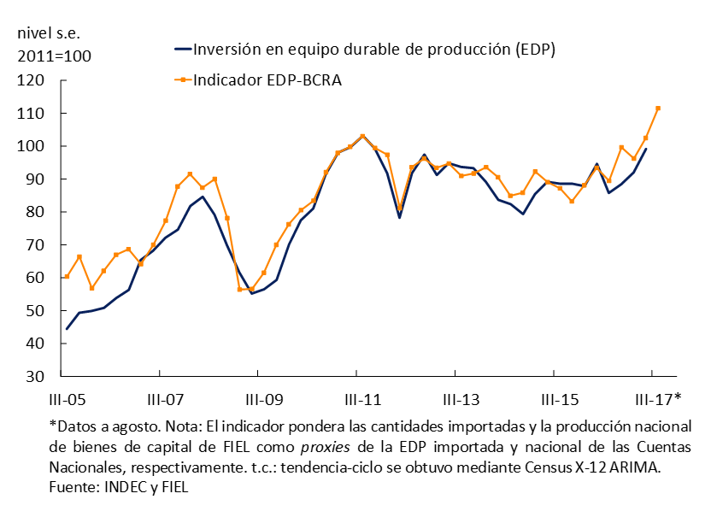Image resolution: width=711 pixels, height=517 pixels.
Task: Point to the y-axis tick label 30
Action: click(x=35, y=377)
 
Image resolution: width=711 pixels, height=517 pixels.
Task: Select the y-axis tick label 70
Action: click(x=35, y=245)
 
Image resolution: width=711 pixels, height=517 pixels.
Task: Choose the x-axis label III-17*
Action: click(x=658, y=399)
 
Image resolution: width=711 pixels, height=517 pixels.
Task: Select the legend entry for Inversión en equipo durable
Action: click(x=374, y=49)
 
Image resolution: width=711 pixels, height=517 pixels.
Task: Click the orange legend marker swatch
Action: click(x=181, y=80)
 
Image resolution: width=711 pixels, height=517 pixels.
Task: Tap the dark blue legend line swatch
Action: click(x=181, y=50)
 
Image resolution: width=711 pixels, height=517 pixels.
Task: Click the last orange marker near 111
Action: click(x=658, y=109)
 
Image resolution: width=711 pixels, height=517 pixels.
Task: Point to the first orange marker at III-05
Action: click(x=67, y=277)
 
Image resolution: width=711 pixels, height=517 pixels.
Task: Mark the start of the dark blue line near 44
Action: click(x=67, y=329)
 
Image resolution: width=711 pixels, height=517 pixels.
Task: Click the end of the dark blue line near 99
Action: click(x=646, y=149)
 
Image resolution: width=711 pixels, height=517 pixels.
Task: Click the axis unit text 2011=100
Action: click(x=54, y=56)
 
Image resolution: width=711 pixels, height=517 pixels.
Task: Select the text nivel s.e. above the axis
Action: click(x=54, y=33)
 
